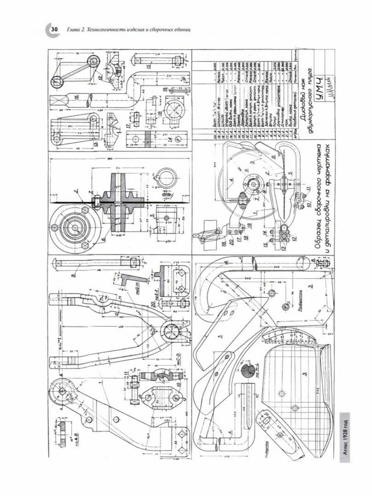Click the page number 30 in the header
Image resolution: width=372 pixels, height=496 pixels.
(x=54, y=30)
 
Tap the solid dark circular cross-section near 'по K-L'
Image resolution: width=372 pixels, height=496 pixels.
(x=247, y=370)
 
